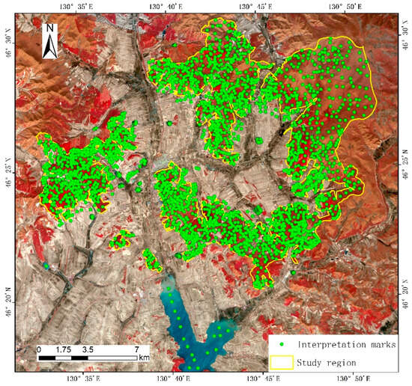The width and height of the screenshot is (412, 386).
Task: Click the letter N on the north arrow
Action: coord(49,29)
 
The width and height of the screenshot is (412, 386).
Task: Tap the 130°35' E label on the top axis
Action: coord(81,7)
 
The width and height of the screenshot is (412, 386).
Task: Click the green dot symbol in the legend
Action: coord(282,344)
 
